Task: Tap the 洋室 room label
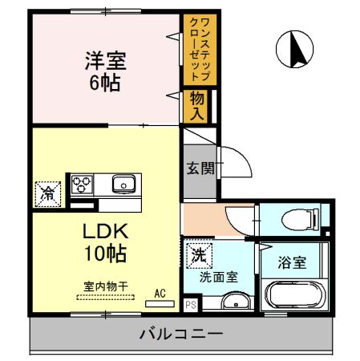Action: [x=106, y=59]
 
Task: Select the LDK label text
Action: [x=105, y=232]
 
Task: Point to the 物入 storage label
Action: [x=197, y=104]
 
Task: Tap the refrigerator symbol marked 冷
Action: [x=48, y=193]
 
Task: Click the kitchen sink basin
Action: [x=123, y=185]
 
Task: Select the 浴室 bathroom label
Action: [x=292, y=262]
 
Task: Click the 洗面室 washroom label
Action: [x=218, y=278]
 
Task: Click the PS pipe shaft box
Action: [x=190, y=305]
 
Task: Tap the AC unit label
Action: [x=160, y=294]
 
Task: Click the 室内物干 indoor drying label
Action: [x=104, y=285]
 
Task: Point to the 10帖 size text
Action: [x=105, y=254]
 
